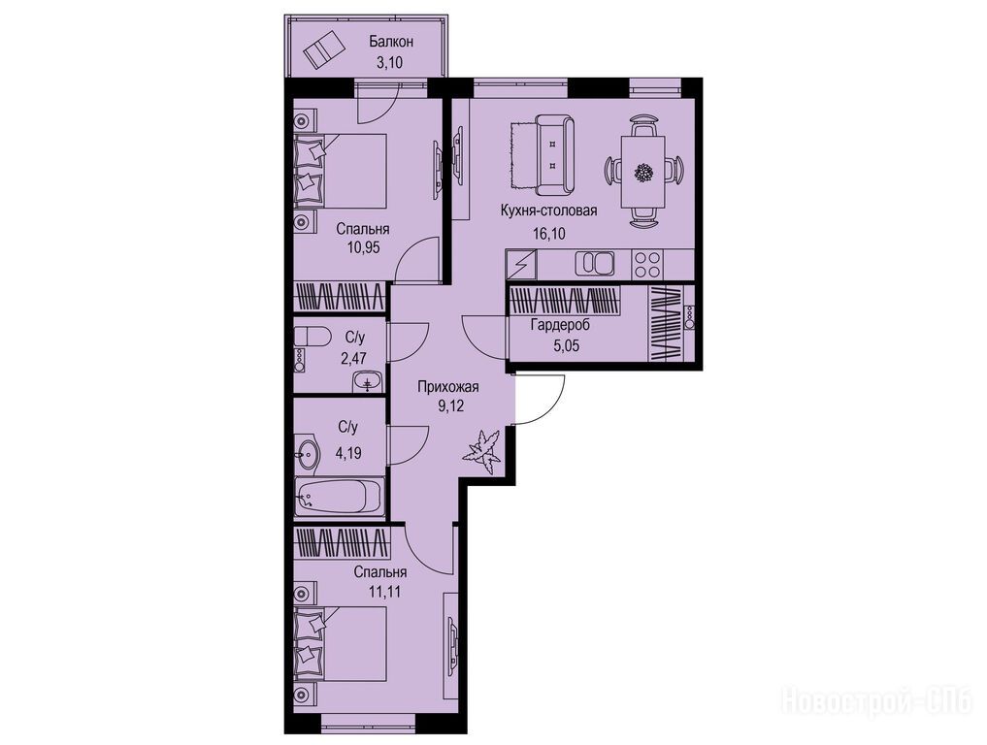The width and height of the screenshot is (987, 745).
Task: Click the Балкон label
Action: [391, 42]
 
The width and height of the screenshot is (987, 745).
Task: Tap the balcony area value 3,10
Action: [390, 62]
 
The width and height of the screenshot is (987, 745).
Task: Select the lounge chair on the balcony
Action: [324, 49]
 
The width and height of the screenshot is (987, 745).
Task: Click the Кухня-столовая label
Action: [548, 211]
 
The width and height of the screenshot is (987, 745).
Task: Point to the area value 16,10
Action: [548, 234]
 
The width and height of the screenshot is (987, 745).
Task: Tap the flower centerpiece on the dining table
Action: [643, 171]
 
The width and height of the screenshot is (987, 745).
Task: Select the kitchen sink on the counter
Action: [595, 263]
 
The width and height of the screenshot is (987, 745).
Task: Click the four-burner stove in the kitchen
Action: [647, 264]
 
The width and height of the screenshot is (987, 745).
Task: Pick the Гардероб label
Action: [560, 326]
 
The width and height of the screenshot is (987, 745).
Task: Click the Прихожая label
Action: [448, 387]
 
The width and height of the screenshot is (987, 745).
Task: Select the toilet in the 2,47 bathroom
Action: [313, 338]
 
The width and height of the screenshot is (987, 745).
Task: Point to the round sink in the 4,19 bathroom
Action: [308, 453]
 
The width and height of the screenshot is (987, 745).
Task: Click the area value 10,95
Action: [363, 246]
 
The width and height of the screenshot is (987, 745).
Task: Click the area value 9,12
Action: [450, 405]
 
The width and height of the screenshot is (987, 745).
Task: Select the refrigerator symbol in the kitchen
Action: [521, 263]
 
